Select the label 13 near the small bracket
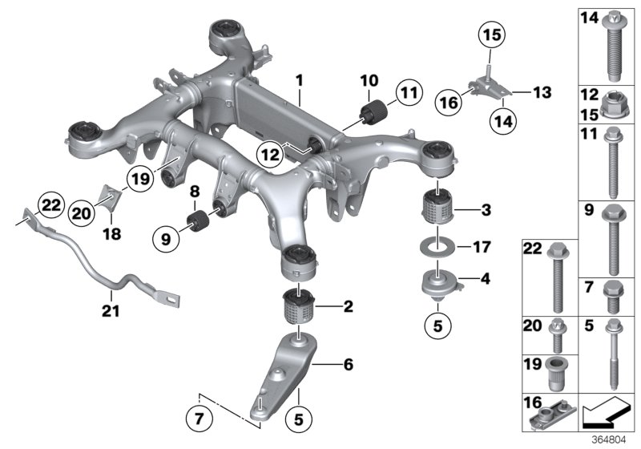pos(542,94)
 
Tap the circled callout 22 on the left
pos(51,206)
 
